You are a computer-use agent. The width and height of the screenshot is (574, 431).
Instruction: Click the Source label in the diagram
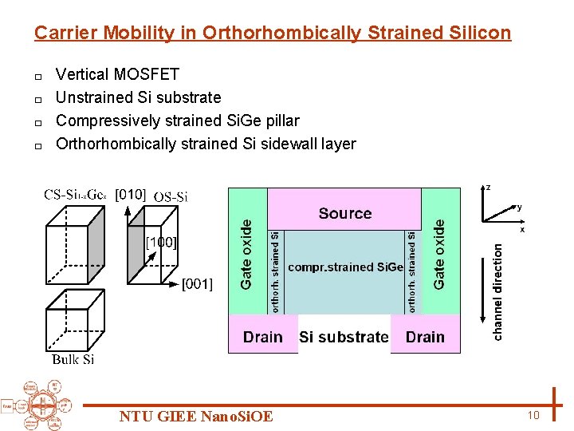(344, 213)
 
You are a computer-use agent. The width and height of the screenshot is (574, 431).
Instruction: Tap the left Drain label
(263, 337)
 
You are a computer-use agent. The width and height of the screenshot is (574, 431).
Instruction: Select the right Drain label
(425, 337)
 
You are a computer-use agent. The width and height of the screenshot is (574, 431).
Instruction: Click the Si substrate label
(344, 337)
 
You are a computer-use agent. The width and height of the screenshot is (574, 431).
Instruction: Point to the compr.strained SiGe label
(345, 267)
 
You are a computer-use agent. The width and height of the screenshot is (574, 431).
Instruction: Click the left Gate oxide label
(246, 255)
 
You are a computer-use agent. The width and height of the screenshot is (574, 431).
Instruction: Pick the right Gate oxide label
(439, 255)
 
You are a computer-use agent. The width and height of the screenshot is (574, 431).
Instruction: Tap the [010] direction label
(131, 194)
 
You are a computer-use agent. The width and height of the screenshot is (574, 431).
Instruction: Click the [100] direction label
(160, 242)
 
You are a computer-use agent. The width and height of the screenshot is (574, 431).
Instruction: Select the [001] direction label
(197, 284)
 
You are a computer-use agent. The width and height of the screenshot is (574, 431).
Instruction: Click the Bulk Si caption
(73, 360)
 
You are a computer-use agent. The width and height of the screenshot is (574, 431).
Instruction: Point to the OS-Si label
(171, 196)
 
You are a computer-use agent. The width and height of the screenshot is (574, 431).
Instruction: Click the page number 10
(533, 415)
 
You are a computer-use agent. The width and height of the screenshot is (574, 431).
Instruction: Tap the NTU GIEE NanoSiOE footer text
(196, 417)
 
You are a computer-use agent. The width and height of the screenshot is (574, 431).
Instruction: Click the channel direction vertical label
(497, 292)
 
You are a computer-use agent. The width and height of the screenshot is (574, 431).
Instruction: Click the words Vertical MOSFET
(118, 74)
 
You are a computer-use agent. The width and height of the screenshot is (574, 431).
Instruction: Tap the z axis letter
(488, 188)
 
